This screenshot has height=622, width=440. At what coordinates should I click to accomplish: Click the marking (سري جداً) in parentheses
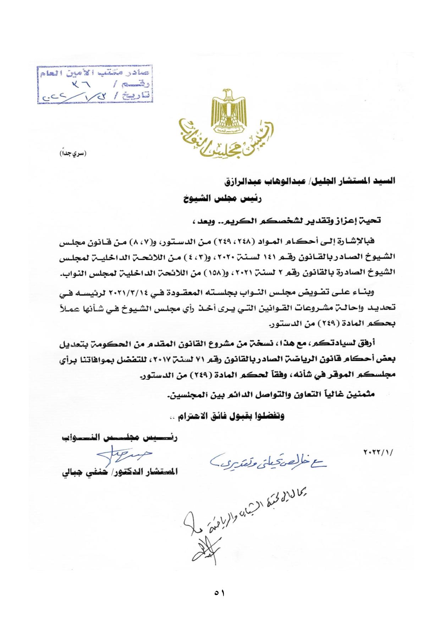(x=72, y=155)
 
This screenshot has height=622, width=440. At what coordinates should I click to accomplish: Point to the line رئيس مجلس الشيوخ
(x=222, y=199)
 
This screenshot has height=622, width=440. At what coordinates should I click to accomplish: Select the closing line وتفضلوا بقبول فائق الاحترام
(x=227, y=417)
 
